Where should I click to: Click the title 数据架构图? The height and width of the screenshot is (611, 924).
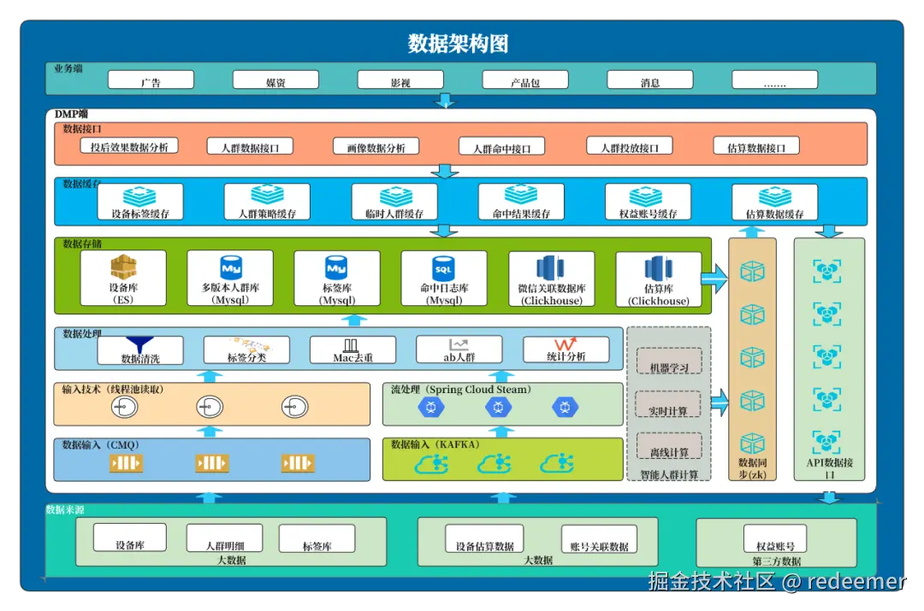[459, 44]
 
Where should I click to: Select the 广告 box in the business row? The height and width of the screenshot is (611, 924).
[151, 80]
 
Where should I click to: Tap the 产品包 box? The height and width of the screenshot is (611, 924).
[525, 80]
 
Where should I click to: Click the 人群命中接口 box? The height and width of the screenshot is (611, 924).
[501, 146]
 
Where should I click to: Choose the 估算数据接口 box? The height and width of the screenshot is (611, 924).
[756, 146]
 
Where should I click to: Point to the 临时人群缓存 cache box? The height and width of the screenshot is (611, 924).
[394, 203]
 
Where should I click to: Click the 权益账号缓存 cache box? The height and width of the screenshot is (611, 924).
[647, 203]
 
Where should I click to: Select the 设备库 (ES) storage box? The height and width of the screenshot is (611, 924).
[124, 278]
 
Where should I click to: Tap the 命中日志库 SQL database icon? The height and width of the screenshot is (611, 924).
[443, 267]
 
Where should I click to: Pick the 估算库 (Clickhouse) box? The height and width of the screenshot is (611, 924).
[659, 278]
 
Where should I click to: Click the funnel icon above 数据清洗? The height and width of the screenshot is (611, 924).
[140, 344]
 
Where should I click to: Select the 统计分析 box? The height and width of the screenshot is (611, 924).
[566, 350]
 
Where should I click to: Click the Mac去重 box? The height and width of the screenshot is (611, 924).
[352, 350]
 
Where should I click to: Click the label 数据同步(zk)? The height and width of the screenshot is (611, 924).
[752, 468]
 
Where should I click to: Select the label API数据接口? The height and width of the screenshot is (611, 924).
[828, 468]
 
